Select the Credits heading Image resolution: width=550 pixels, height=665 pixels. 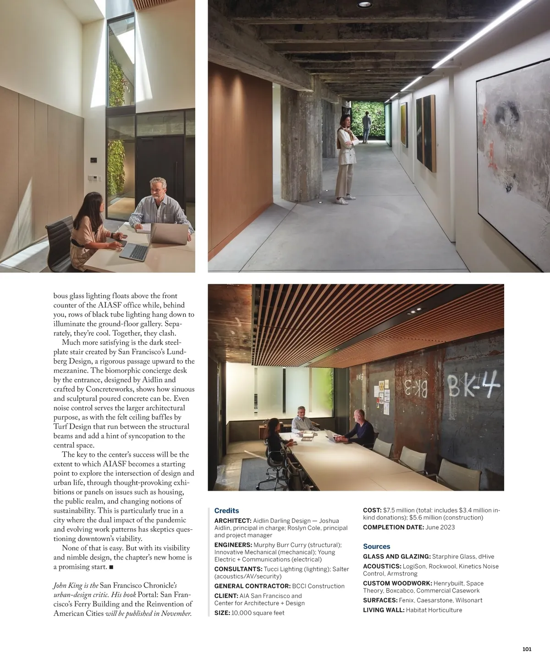click(x=226, y=510)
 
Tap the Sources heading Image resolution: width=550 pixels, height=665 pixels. click(x=376, y=546)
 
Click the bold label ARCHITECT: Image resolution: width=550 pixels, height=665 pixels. click(x=233, y=521)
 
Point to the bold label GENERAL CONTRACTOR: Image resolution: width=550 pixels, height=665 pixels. click(x=252, y=586)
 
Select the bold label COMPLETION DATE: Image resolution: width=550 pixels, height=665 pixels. click(x=393, y=527)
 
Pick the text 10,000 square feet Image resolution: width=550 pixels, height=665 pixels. click(x=258, y=613)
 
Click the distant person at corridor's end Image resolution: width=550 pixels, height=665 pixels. click(x=366, y=127)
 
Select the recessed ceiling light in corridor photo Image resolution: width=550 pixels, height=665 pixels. click(x=365, y=4)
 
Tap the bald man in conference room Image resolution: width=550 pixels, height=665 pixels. click(x=360, y=429)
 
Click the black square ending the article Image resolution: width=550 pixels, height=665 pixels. click(x=111, y=567)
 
